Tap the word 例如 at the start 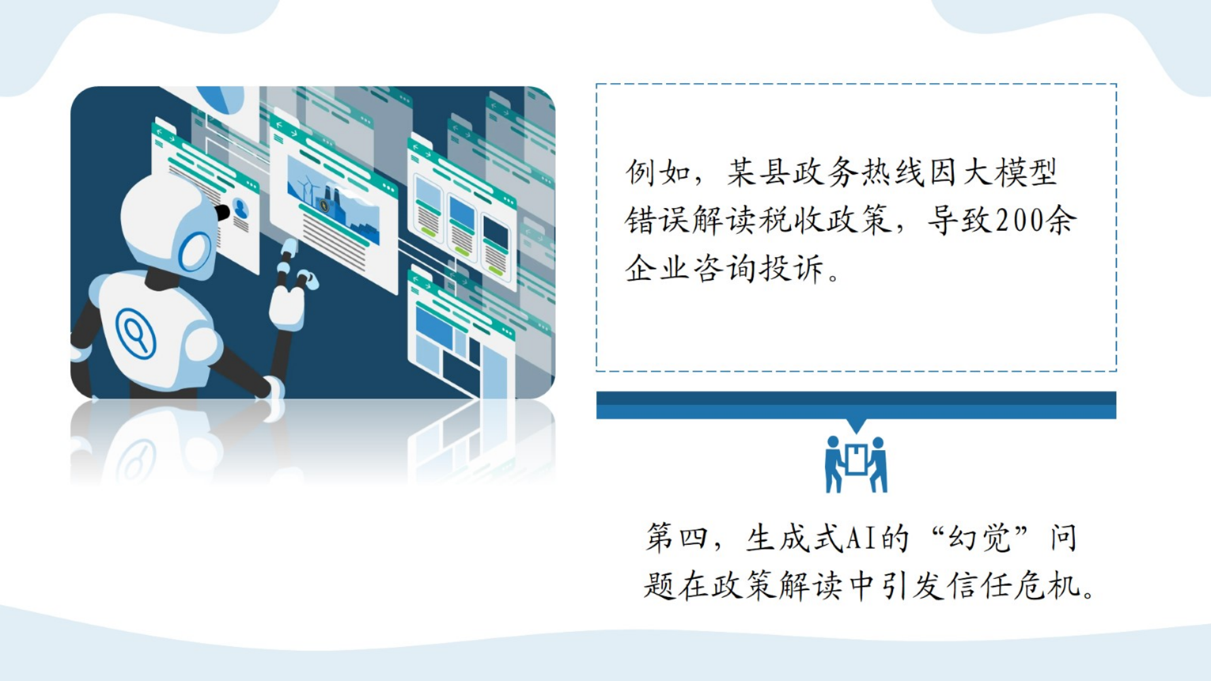click(658, 172)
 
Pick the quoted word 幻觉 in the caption click(980, 538)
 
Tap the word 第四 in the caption click(676, 538)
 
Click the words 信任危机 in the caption click(1014, 586)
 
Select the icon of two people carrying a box click(857, 465)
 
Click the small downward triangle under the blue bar click(857, 426)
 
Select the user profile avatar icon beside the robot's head click(240, 208)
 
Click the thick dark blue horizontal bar click(856, 405)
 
